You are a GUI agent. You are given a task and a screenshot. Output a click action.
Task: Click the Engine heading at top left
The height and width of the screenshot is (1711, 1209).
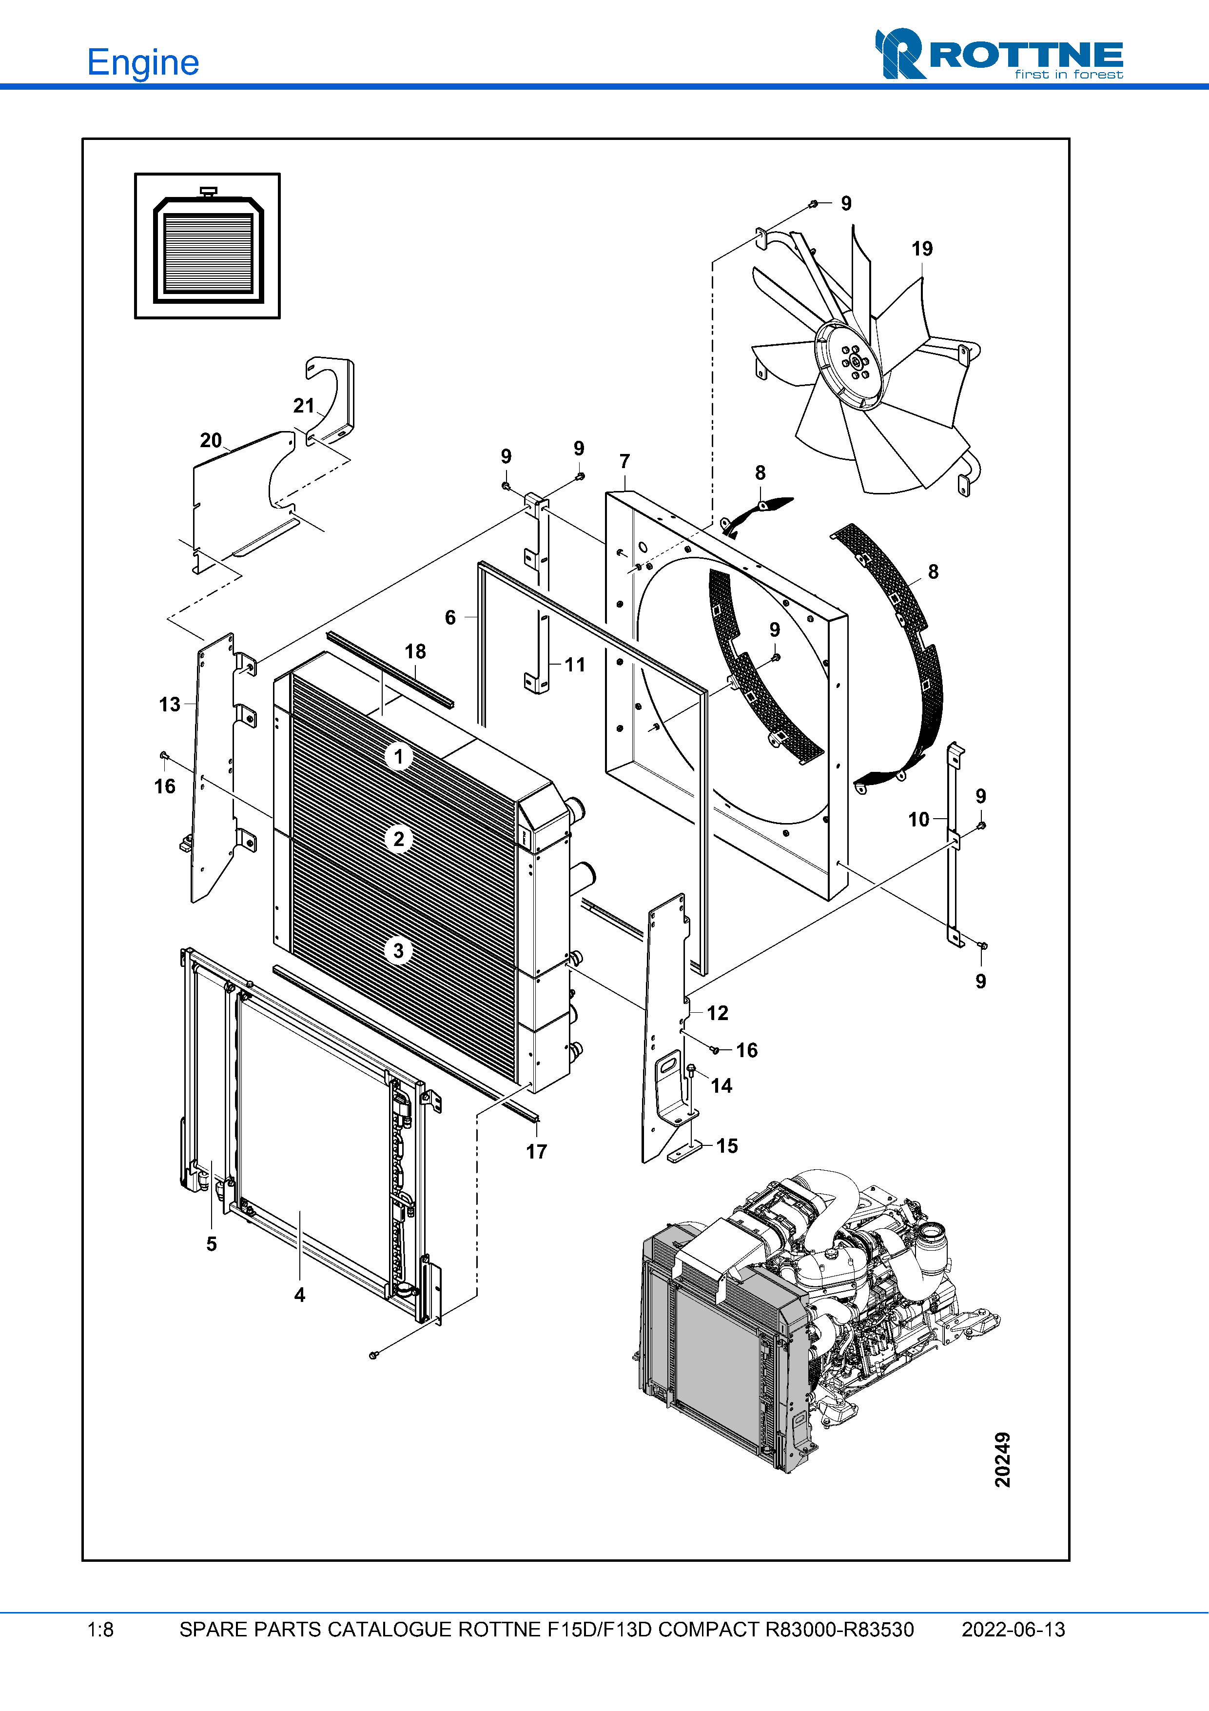(143, 62)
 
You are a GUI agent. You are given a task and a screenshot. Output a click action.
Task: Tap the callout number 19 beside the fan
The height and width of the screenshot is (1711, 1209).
(921, 249)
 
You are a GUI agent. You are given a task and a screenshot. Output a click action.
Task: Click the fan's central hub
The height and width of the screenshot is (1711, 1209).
(855, 362)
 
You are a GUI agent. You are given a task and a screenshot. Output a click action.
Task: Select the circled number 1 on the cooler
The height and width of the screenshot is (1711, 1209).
(398, 756)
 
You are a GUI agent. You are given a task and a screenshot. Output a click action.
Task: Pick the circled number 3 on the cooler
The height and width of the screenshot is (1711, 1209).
(398, 950)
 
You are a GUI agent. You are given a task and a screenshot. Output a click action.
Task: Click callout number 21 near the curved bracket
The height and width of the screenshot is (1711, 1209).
(303, 405)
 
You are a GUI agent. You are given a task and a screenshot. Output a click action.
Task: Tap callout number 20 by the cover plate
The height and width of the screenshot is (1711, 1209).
(211, 440)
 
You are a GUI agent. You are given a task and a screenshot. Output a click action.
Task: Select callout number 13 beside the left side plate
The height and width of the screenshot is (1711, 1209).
(169, 704)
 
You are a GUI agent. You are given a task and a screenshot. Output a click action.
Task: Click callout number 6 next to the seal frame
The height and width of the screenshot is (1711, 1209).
(450, 617)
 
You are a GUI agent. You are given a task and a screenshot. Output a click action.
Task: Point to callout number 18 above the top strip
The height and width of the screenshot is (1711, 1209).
(415, 651)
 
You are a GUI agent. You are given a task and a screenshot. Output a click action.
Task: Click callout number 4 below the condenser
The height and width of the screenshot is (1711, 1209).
(299, 1295)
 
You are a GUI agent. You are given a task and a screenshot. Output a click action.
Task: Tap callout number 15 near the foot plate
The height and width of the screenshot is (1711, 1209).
(727, 1145)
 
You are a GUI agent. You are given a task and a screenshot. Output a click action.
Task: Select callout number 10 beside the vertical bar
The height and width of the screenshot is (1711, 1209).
(918, 820)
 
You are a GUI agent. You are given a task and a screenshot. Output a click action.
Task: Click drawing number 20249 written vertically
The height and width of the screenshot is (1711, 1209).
(1003, 1459)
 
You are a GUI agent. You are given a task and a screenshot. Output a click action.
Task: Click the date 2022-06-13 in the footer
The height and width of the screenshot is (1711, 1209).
(1013, 1630)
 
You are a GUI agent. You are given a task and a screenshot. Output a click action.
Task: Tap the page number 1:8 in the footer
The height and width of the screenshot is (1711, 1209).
(100, 1630)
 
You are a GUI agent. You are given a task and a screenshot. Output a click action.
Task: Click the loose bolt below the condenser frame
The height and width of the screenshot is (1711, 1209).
(374, 1354)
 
